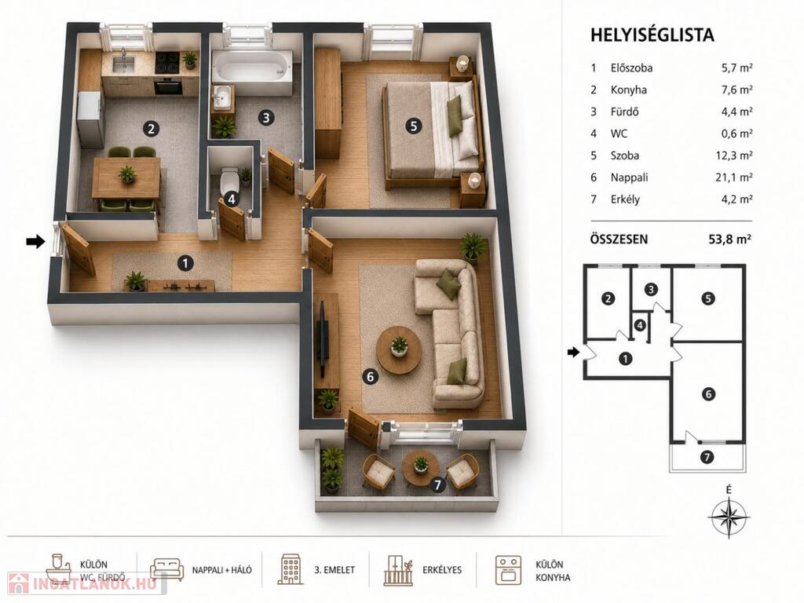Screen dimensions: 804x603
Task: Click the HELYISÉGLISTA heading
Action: (x=652, y=35)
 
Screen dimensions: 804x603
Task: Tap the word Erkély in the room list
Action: (x=625, y=199)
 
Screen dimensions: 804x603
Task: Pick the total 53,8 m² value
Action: (x=729, y=239)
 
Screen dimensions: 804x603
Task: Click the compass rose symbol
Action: (x=729, y=517)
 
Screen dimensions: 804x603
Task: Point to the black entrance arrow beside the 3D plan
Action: (x=36, y=241)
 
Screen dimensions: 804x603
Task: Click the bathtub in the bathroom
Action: (x=252, y=66)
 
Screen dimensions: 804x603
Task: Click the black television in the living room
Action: (x=323, y=337)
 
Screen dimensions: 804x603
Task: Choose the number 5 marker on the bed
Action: (x=413, y=126)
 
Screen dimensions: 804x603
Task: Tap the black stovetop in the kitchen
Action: (x=168, y=63)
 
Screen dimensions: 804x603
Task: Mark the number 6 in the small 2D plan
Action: (x=708, y=394)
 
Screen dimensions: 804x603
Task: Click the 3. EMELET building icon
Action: (x=291, y=569)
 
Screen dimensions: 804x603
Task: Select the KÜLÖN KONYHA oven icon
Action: (x=508, y=570)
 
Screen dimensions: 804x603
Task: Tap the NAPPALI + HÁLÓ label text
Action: (x=222, y=570)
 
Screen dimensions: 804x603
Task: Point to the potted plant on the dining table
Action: (x=126, y=174)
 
